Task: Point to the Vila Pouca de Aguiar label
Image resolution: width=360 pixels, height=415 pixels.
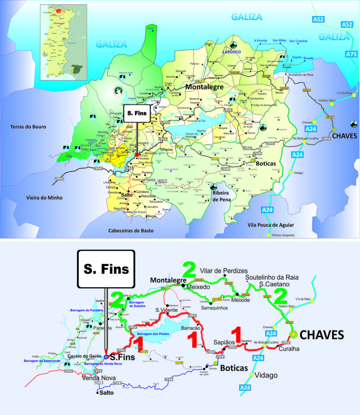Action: point(271,225)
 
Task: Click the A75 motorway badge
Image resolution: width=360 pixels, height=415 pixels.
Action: point(351,54)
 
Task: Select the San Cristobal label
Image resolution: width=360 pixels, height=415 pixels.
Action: point(298,41)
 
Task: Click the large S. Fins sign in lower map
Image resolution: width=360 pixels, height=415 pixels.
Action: point(106,269)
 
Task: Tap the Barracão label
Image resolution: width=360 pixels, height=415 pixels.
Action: point(190,328)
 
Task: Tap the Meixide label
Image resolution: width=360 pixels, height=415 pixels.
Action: point(240,300)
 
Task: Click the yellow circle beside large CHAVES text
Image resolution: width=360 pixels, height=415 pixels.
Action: point(294,334)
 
